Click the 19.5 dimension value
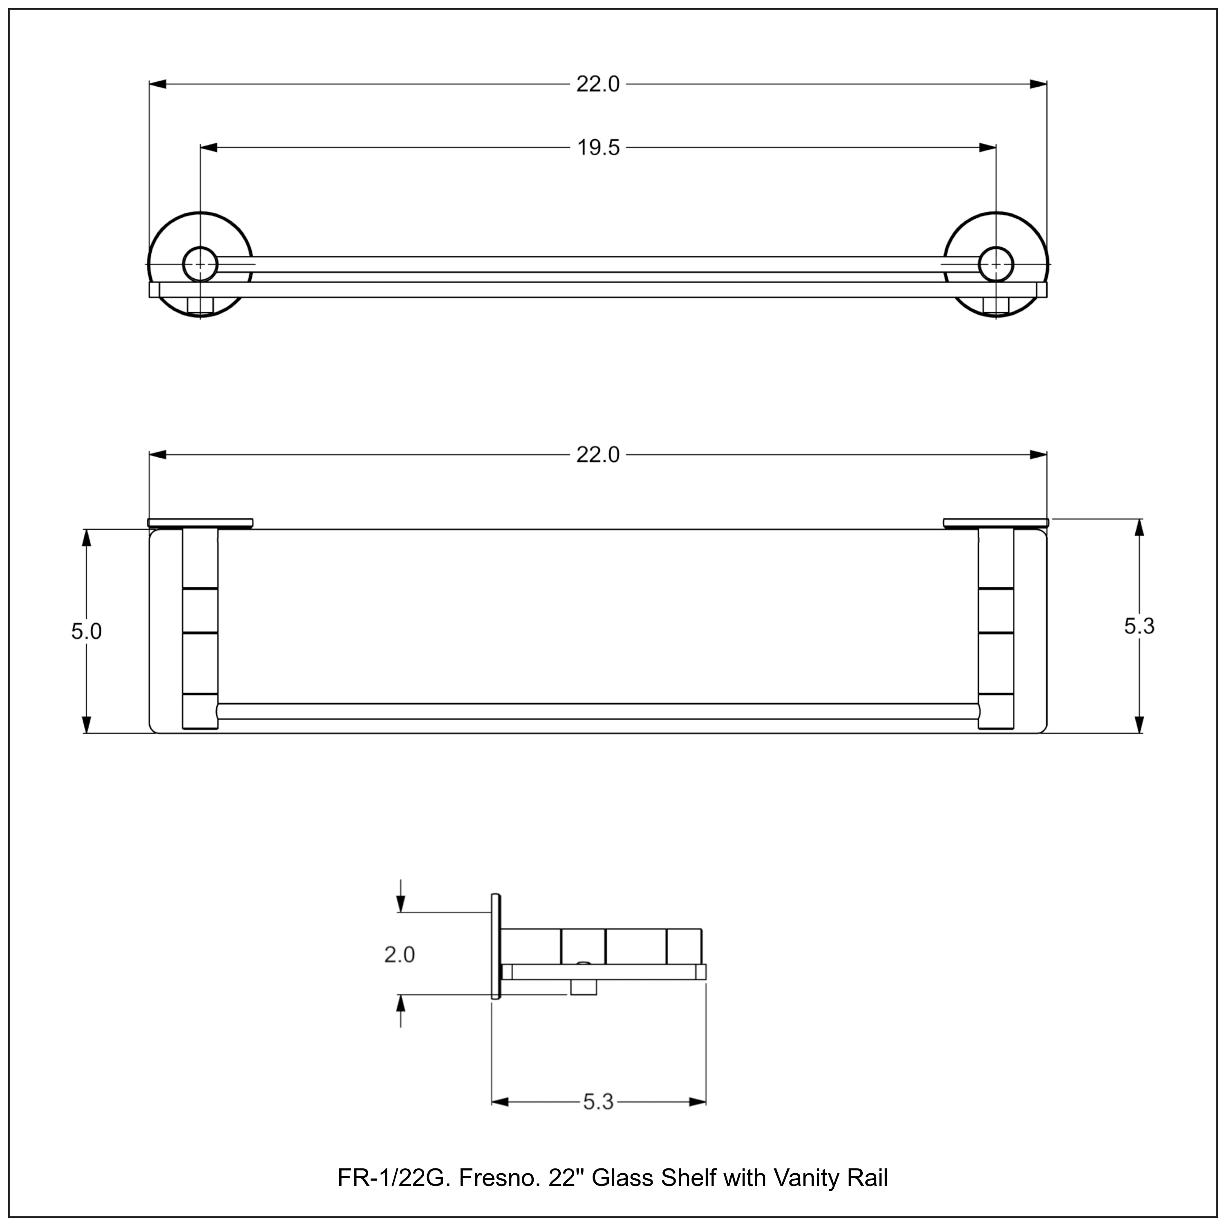(x=598, y=148)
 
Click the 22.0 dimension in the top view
(x=598, y=84)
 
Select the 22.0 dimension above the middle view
(x=598, y=455)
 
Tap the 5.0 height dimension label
(x=86, y=631)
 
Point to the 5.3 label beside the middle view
(x=1140, y=626)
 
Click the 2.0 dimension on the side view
(x=399, y=954)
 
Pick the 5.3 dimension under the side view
(x=598, y=1102)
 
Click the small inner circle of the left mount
(x=200, y=264)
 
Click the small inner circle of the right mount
(x=996, y=264)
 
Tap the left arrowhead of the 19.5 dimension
(x=209, y=148)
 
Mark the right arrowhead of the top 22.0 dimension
(x=1038, y=84)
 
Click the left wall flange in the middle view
(x=200, y=523)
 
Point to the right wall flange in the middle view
(x=996, y=523)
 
